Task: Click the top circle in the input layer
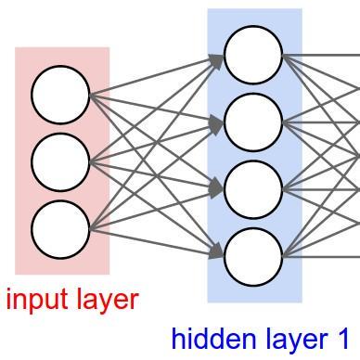click(60, 95)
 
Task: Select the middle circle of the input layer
click(60, 162)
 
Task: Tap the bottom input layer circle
click(60, 229)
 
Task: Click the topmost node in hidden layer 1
click(253, 55)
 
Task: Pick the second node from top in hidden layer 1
click(253, 122)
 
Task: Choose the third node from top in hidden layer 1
click(253, 189)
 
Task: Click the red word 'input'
click(37, 300)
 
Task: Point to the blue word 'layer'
click(294, 340)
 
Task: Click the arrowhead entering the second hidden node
click(217, 122)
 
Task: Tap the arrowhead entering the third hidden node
click(217, 188)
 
